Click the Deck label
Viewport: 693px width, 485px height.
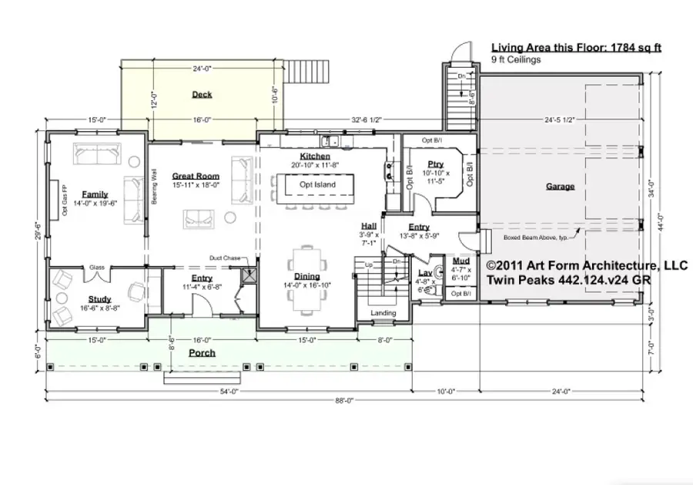coord(202,95)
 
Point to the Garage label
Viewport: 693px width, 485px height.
coord(560,186)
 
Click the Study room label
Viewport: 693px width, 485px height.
coord(99,299)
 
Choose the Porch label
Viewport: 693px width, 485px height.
coord(203,352)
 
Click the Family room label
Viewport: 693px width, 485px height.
coord(95,194)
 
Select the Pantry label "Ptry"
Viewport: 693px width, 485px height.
coord(436,164)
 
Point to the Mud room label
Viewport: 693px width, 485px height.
coord(461,261)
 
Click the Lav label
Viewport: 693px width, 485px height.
coord(423,273)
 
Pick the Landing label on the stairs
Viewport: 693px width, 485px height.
coord(383,313)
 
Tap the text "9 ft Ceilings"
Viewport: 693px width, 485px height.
coord(517,59)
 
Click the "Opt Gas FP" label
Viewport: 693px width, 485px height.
coord(66,199)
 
